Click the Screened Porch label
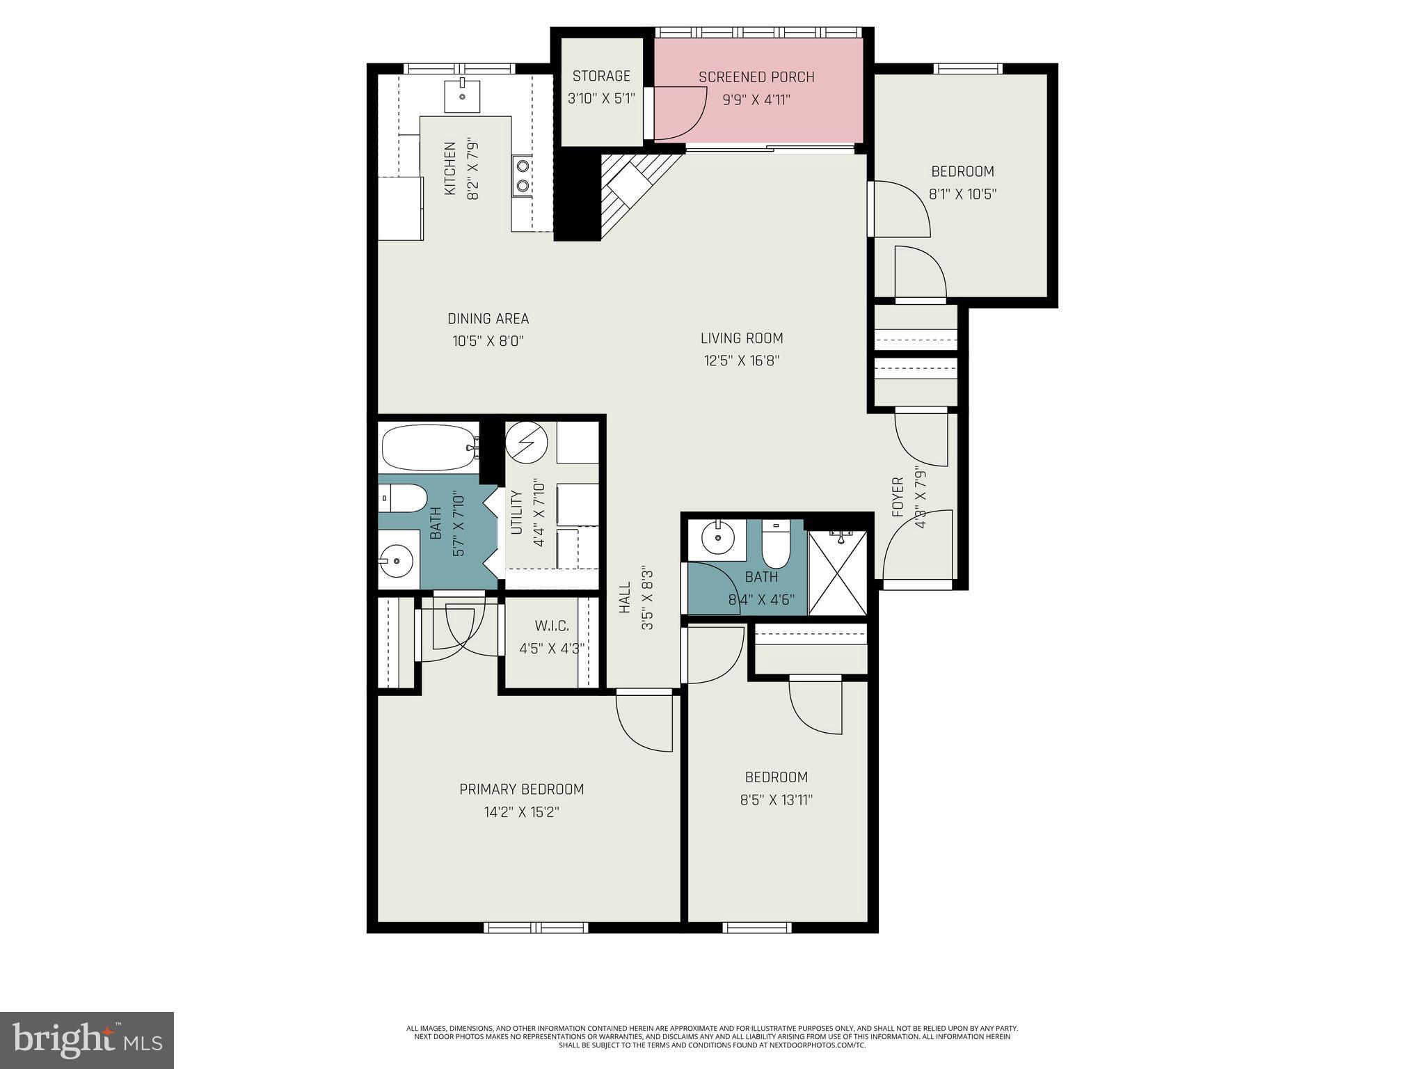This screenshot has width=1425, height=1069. click(x=756, y=77)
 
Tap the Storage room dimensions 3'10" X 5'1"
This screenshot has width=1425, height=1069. click(x=601, y=99)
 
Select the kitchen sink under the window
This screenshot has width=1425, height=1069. click(x=462, y=96)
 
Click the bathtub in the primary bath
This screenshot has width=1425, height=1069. click(x=429, y=446)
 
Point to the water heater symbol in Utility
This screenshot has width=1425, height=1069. click(x=526, y=443)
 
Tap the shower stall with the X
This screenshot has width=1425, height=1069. click(x=838, y=573)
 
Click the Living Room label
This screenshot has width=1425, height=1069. click(x=742, y=338)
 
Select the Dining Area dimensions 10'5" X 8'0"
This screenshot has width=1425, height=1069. click(x=488, y=341)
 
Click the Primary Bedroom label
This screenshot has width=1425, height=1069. click(x=521, y=789)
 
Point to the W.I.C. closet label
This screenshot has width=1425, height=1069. click(x=552, y=626)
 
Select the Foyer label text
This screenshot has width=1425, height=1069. click(x=898, y=497)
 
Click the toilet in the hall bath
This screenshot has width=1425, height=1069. click(x=775, y=545)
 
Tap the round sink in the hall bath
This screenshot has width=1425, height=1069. click(x=715, y=537)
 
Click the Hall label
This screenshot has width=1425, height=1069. click(x=624, y=598)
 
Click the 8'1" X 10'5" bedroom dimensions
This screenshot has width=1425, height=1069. click(x=962, y=194)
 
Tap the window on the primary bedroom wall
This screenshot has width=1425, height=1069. click(x=536, y=927)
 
